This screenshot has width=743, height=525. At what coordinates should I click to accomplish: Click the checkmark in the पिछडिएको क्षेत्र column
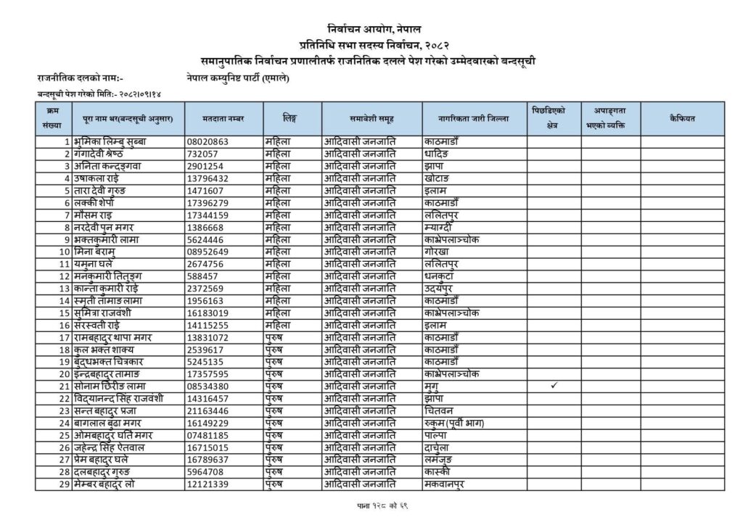click(554, 386)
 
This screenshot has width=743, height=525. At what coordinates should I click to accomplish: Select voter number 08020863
click(208, 141)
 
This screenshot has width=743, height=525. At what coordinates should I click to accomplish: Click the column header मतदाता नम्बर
click(222, 117)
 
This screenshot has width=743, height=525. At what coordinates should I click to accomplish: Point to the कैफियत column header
click(682, 117)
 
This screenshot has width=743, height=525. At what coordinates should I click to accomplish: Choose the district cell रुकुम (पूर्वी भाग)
click(454, 423)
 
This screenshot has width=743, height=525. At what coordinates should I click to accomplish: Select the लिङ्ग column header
click(292, 117)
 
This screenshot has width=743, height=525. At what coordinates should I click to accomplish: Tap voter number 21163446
click(208, 410)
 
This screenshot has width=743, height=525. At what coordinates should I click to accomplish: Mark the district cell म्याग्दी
click(440, 227)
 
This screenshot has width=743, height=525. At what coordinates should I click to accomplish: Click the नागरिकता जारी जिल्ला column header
click(473, 117)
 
